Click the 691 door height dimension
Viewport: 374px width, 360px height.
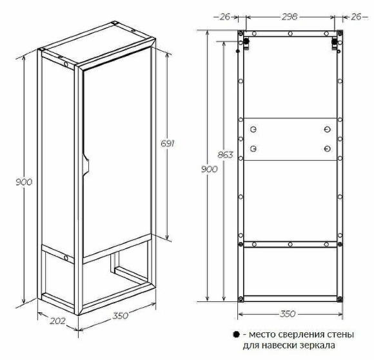pyautogui.click(x=168, y=144)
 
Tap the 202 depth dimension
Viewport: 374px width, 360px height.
pyautogui.click(x=57, y=321)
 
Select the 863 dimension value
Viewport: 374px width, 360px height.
pyautogui.click(x=225, y=155)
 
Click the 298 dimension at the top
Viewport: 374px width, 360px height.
pyautogui.click(x=290, y=17)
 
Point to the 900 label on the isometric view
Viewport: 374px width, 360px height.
pyautogui.click(x=24, y=182)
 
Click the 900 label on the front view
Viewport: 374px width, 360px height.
pyautogui.click(x=209, y=169)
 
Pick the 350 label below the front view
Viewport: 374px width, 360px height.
pyautogui.click(x=288, y=314)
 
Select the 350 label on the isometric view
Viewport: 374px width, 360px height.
pyautogui.click(x=121, y=315)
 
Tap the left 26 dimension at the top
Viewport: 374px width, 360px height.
pyautogui.click(x=224, y=17)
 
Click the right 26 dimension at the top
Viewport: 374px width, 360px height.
pyautogui.click(x=356, y=17)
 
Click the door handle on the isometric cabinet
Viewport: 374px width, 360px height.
pyautogui.click(x=86, y=165)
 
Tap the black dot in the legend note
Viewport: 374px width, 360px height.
pyautogui.click(x=236, y=334)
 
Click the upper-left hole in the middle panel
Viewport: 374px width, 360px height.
pyautogui.click(x=253, y=130)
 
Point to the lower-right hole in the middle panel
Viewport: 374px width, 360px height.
pyautogui.click(x=328, y=149)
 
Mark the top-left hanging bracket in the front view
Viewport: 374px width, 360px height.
pyautogui.click(x=246, y=44)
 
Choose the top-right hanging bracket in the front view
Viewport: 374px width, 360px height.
pyautogui.click(x=335, y=44)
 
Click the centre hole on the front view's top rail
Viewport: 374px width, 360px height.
pyautogui.click(x=290, y=34)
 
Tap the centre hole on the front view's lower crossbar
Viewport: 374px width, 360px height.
pyautogui.click(x=290, y=245)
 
